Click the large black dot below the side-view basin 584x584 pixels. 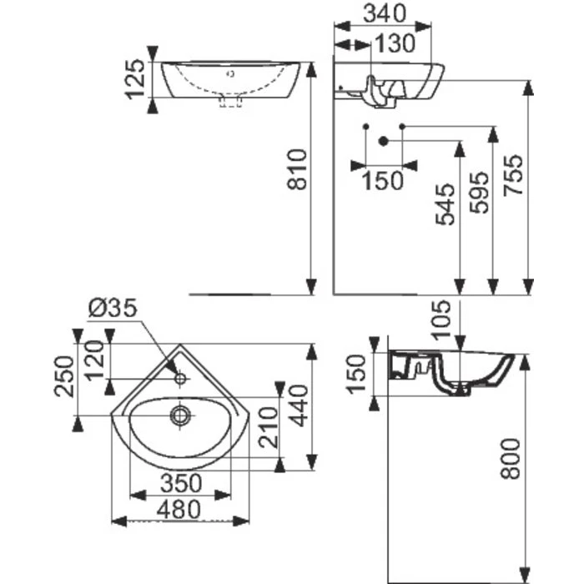[384, 140]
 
